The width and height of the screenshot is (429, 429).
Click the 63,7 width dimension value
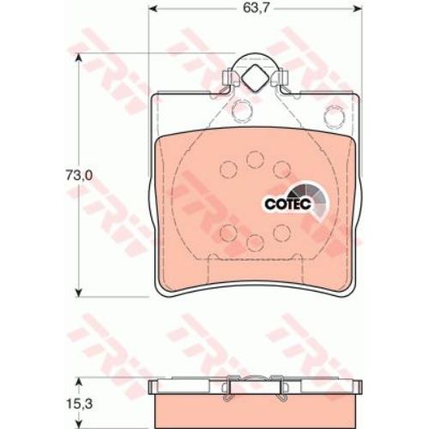256,9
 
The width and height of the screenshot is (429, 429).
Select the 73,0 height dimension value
79,175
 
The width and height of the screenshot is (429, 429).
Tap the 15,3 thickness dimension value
79,404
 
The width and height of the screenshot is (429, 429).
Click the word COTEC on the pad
287,204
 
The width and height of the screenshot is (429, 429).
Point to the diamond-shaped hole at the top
256,78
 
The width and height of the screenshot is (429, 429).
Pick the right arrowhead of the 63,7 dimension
358,9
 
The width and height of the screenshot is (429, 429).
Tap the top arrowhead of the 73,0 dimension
78,58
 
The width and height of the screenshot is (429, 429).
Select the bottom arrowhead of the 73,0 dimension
78,292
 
